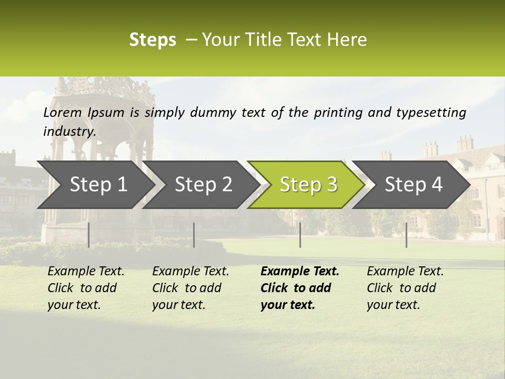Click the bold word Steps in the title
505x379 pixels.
pyautogui.click(x=153, y=40)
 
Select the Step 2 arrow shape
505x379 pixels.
pyautogui.click(x=203, y=184)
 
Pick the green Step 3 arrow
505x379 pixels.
pyautogui.click(x=308, y=184)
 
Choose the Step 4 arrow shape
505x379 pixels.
pyautogui.click(x=413, y=184)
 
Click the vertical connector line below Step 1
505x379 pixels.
pyautogui.click(x=88, y=235)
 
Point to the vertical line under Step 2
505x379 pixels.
pyautogui.click(x=194, y=235)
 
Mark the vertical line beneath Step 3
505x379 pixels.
pyautogui.click(x=300, y=235)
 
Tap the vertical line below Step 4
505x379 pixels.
pyautogui.click(x=407, y=235)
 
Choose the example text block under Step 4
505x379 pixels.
pyautogui.click(x=405, y=288)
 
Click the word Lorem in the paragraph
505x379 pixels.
pyautogui.click(x=63, y=113)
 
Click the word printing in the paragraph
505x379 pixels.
pyautogui.click(x=335, y=113)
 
